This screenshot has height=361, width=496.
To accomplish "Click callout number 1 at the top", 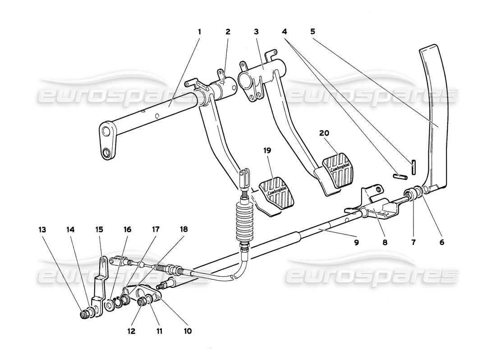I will [199, 32].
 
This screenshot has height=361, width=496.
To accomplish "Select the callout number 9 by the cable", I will [356, 242].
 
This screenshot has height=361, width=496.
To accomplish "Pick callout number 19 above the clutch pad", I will [267, 150].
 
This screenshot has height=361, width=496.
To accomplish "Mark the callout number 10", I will [188, 331].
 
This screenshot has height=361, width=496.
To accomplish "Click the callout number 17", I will [155, 230].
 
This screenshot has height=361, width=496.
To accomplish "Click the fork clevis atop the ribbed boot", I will [245, 178].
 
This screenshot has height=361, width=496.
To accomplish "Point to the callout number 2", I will [228, 32].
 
